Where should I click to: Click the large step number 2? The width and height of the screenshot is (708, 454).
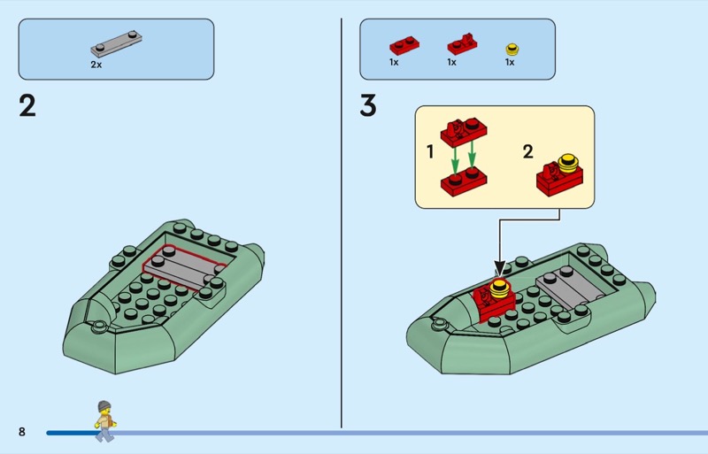pyautogui.click(x=27, y=105)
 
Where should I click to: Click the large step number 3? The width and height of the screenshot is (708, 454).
pyautogui.click(x=368, y=105)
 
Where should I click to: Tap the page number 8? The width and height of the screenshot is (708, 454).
pyautogui.click(x=21, y=431)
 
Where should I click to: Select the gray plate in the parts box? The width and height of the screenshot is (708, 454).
pyautogui.click(x=116, y=43)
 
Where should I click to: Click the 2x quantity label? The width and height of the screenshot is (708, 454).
pyautogui.click(x=96, y=65)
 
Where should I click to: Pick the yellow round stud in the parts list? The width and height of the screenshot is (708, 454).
pyautogui.click(x=512, y=49)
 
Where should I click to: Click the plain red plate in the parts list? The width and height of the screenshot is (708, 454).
pyautogui.click(x=404, y=45)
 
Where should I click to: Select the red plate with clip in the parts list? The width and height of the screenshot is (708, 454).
pyautogui.click(x=462, y=44)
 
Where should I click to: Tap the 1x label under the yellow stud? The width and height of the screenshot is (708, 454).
pyautogui.click(x=510, y=62)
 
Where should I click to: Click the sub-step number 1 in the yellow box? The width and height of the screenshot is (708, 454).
pyautogui.click(x=430, y=152)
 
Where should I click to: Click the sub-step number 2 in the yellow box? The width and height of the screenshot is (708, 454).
pyautogui.click(x=527, y=152)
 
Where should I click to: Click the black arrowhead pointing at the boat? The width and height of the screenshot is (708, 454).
pyautogui.click(x=499, y=268)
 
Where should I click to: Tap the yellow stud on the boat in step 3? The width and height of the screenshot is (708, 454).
pyautogui.click(x=499, y=288)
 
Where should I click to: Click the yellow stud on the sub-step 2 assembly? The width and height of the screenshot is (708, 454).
pyautogui.click(x=568, y=164)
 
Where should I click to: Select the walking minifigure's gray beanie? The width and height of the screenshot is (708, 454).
pyautogui.click(x=104, y=406)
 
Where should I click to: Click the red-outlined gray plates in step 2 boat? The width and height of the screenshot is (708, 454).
pyautogui.click(x=184, y=267)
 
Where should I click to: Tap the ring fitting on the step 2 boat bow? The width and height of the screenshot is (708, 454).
pyautogui.click(x=98, y=327)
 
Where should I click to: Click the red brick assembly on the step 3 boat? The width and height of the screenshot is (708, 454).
pyautogui.click(x=494, y=299)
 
